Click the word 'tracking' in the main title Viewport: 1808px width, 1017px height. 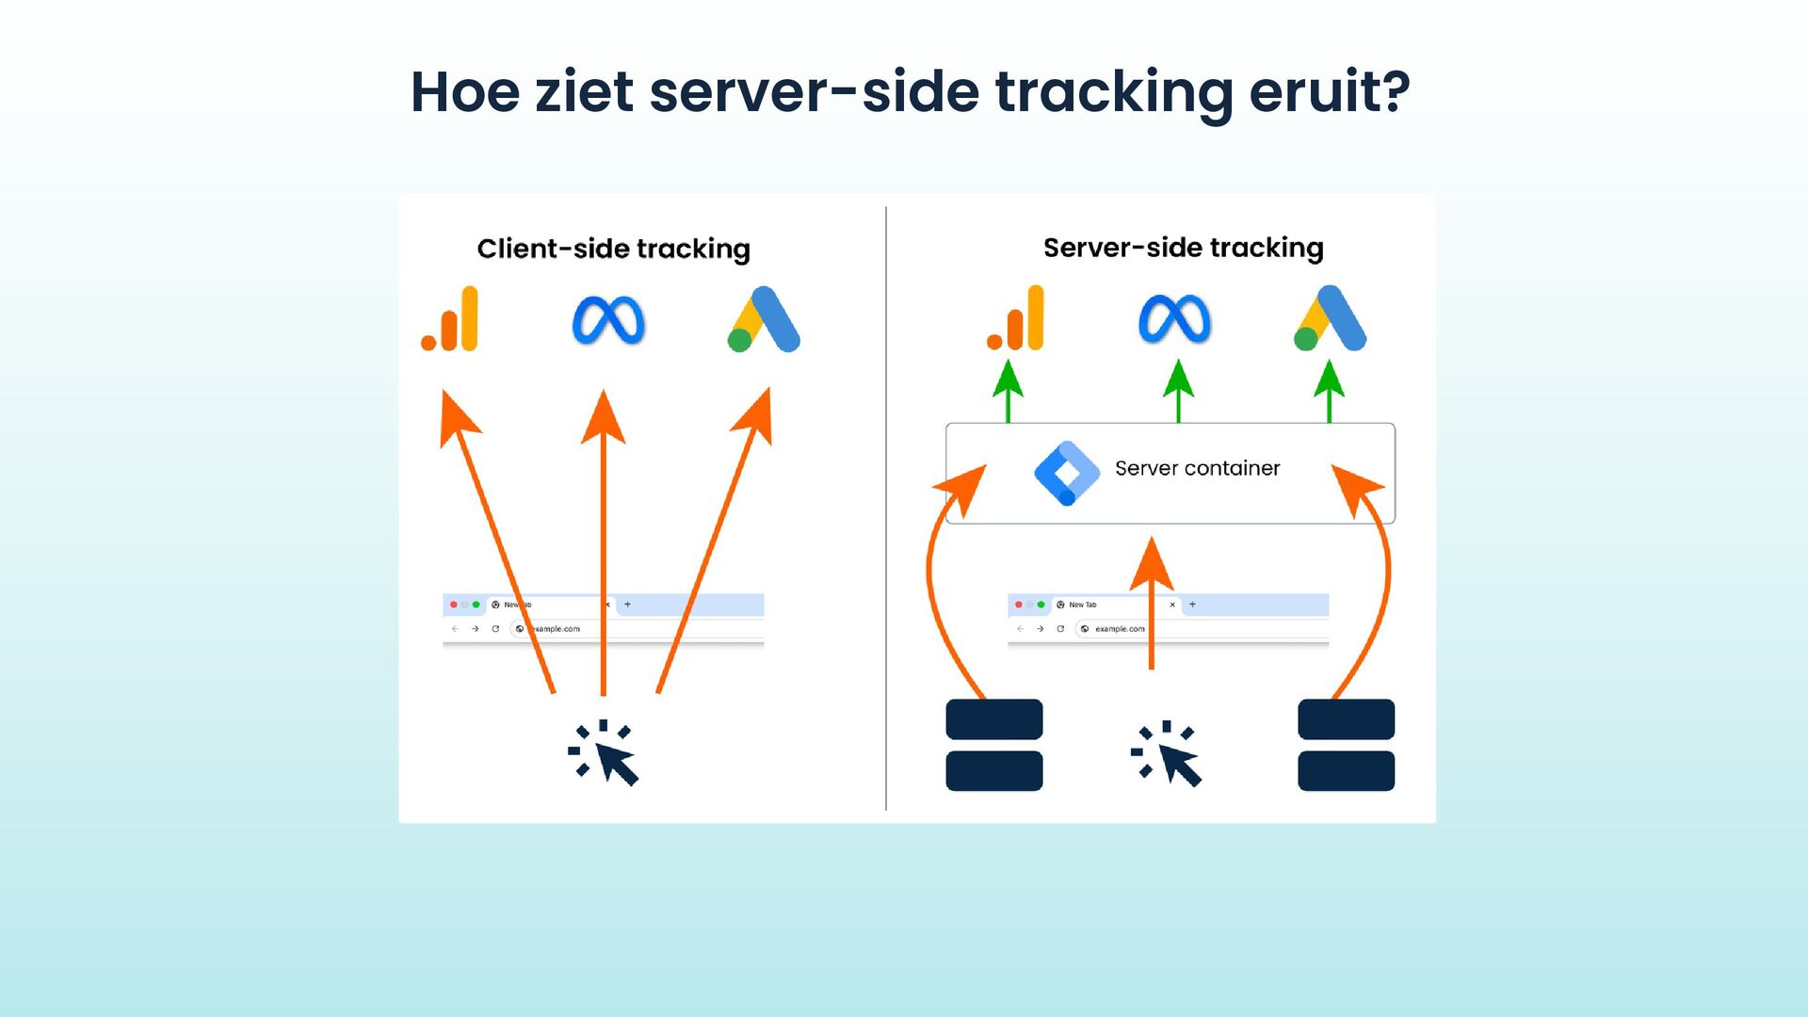1113,92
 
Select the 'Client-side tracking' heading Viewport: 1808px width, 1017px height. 613,249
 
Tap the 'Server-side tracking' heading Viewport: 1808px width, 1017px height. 1183,248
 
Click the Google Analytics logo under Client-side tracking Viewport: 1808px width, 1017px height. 451,319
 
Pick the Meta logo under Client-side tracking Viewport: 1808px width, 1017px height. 608,320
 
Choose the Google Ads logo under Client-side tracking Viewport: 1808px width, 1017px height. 764,320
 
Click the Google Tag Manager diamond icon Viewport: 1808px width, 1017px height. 1066,473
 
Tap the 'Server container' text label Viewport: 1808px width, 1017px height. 1197,468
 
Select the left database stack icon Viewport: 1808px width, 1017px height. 993,745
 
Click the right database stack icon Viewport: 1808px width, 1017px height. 1346,745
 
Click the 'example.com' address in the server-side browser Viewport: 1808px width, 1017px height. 1120,629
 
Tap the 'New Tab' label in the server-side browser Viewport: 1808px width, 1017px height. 1082,605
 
